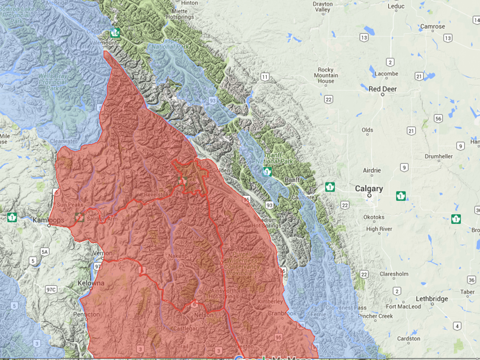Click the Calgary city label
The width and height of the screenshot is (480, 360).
[x=369, y=189]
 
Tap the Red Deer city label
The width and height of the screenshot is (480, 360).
[x=383, y=89]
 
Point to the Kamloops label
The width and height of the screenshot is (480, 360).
[x=48, y=220]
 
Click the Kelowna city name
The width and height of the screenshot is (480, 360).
[x=91, y=283]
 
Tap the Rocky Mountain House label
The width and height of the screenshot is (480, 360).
[x=326, y=75]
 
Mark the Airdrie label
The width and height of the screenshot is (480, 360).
[x=372, y=170]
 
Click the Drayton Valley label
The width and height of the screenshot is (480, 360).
[x=336, y=7]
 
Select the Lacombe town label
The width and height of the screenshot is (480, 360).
[x=387, y=74]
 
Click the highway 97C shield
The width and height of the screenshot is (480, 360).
[x=51, y=289]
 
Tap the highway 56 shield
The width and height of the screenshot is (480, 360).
[x=438, y=118]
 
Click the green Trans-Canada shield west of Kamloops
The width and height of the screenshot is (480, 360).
[x=12, y=217]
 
